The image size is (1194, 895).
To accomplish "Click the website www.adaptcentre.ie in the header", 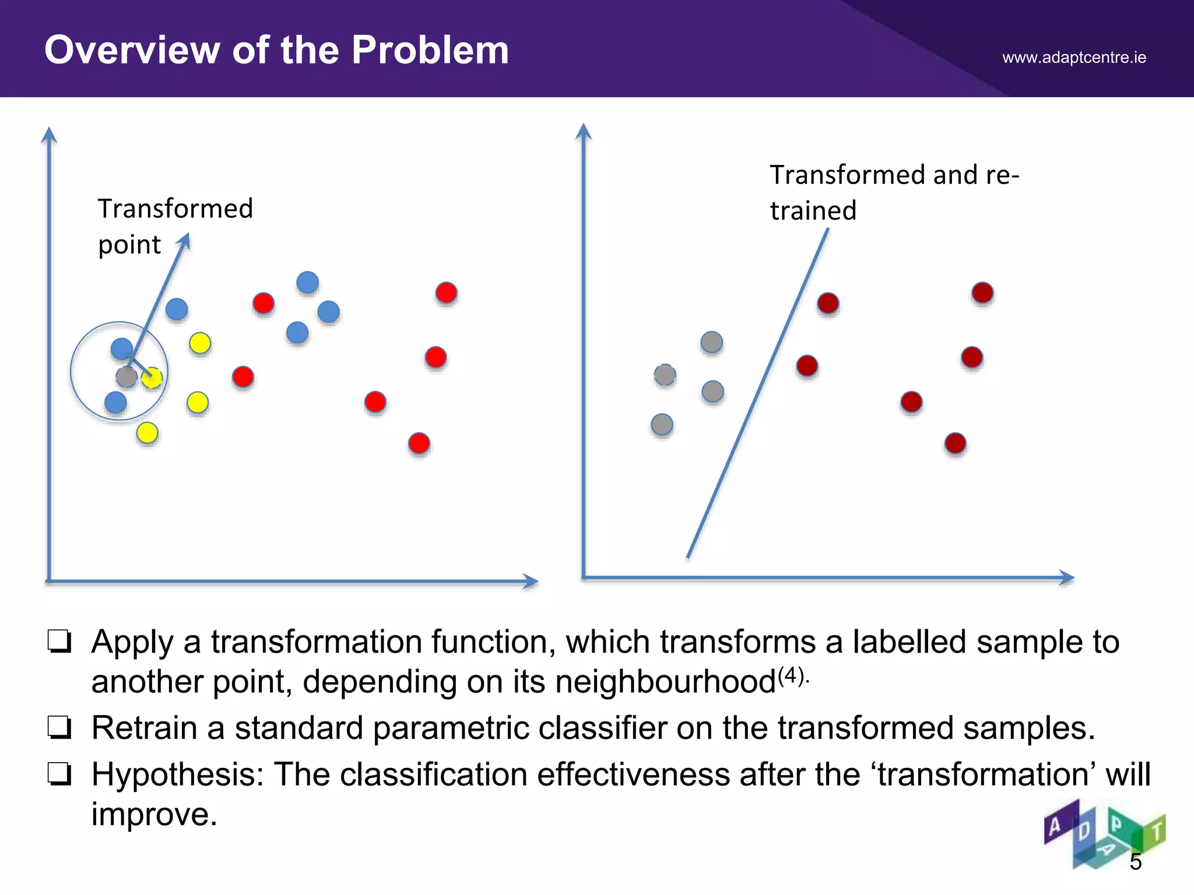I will [x=1074, y=57].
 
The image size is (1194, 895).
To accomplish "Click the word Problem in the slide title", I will [x=430, y=50].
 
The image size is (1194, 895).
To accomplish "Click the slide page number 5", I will [x=1135, y=862].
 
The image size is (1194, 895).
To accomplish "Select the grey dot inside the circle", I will [x=127, y=377].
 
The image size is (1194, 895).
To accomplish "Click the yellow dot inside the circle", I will [x=152, y=378].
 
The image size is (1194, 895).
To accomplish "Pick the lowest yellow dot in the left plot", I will [x=147, y=433].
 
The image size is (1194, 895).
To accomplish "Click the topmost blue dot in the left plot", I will [x=307, y=283].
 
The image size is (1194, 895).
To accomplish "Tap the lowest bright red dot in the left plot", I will [x=419, y=443].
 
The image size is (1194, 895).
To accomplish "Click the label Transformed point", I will [x=175, y=226].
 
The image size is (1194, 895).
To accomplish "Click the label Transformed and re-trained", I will [x=894, y=192].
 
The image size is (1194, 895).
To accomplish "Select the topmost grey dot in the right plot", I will [x=711, y=342].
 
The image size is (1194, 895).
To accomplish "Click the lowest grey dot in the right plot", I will [x=662, y=425].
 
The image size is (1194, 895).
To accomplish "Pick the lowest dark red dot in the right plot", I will [x=955, y=443].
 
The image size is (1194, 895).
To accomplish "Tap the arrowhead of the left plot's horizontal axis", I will [x=531, y=581].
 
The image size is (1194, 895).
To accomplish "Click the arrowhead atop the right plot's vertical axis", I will [x=584, y=131].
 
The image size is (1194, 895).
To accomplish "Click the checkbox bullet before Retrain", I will [x=59, y=728].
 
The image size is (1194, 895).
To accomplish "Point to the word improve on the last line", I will [x=154, y=814].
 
